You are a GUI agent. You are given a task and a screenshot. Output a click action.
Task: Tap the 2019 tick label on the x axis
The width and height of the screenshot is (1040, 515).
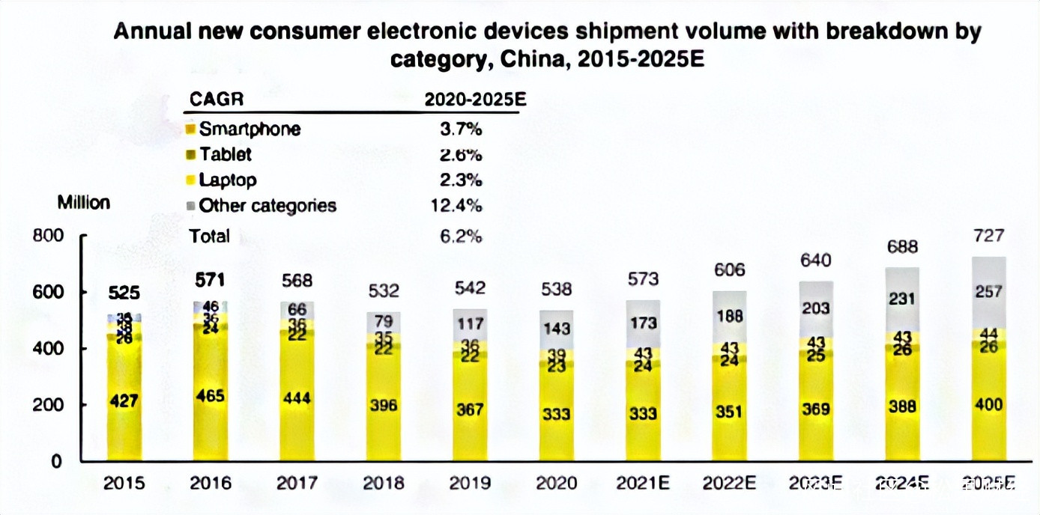470,484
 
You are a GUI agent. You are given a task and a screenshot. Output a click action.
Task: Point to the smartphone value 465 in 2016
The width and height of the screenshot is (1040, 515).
211,396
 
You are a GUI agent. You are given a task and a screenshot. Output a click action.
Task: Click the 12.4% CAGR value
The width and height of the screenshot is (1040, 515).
461,205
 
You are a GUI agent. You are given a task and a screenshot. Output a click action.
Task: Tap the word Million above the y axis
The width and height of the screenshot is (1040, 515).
83,202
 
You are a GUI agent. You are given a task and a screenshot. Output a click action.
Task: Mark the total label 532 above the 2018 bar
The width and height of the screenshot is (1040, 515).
383,290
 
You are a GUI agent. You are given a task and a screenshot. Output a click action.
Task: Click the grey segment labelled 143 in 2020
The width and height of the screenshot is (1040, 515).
556,328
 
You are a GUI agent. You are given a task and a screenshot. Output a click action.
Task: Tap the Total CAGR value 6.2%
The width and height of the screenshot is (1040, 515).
461,236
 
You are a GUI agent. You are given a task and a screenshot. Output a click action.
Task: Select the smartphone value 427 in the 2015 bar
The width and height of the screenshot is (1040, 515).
124,402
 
